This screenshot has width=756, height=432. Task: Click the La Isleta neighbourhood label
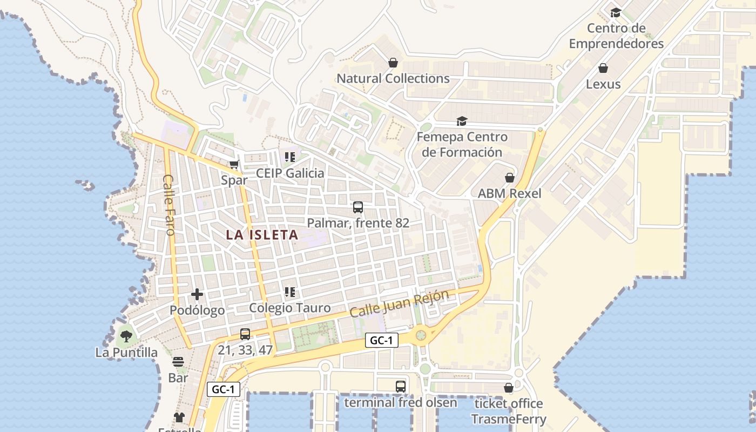[x=262, y=235]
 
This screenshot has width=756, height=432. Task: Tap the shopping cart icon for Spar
[x=234, y=164]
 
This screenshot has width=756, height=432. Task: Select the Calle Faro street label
[x=168, y=205]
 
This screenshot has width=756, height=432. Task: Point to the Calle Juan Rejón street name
[x=399, y=303]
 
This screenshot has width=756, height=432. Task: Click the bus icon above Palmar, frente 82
[x=357, y=207]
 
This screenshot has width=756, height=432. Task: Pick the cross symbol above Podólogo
[x=197, y=294]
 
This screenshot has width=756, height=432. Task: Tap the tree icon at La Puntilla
[x=126, y=336]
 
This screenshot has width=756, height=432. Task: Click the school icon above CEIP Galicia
[x=290, y=157]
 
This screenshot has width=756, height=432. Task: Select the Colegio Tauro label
[x=290, y=308]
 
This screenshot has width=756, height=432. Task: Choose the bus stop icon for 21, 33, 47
[x=245, y=334]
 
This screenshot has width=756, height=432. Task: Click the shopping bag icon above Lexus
[x=603, y=68]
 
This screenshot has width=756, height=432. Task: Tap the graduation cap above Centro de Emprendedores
[x=616, y=12]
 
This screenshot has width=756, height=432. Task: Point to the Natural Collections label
[x=393, y=78]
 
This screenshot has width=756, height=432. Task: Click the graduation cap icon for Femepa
[x=462, y=121]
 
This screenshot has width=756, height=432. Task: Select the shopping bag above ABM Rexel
[x=509, y=177]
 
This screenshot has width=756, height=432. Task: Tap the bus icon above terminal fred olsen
[x=400, y=387]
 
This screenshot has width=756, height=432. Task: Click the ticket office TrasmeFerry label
[x=509, y=411]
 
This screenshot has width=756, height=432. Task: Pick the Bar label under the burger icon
[x=178, y=377]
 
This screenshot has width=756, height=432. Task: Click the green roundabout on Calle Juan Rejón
[x=421, y=335]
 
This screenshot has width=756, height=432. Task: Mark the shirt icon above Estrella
[x=179, y=417]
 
